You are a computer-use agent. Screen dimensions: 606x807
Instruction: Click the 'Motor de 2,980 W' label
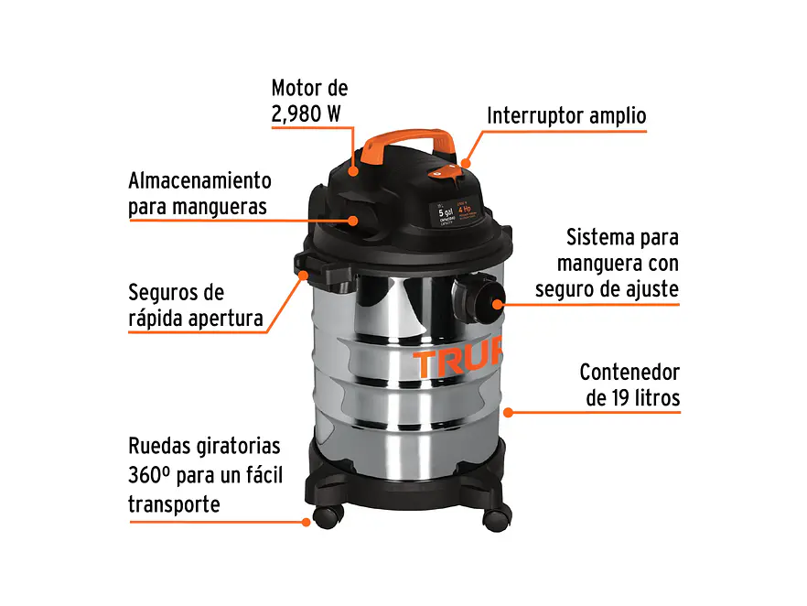point(309,102)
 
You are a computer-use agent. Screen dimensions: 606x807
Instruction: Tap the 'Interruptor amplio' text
point(566,116)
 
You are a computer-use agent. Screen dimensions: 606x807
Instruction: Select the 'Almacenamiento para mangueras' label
point(199,193)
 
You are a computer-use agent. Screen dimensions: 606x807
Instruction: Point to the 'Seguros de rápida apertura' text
point(195,306)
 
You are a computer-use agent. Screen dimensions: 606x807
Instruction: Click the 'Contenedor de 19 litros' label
point(629,385)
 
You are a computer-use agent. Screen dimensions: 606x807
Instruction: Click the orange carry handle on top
point(406,143)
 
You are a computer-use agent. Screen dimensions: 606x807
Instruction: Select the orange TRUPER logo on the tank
point(457,363)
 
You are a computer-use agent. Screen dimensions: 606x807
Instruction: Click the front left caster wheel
point(327,516)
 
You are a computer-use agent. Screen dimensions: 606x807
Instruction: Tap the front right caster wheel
point(495,518)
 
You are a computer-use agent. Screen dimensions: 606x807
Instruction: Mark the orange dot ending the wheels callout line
point(306,522)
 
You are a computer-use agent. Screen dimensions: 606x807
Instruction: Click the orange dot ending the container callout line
point(509,412)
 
